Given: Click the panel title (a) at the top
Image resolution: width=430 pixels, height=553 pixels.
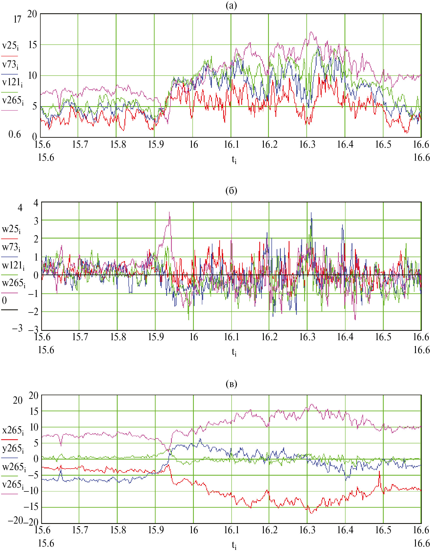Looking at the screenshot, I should coord(231,6).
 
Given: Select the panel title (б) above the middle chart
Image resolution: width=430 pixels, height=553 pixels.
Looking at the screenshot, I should coord(231,191).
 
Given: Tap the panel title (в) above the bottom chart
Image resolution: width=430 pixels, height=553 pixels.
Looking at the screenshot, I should coord(231,384).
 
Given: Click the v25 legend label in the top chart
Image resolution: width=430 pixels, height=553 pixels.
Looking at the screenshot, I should coord(10,46).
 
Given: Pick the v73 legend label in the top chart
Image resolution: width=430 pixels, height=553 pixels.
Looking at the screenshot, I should coord(10,65).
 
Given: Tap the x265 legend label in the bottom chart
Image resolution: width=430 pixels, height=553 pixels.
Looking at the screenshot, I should coord(13,430).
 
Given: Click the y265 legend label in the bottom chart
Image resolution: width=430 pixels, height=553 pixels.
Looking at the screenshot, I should coord(13,449).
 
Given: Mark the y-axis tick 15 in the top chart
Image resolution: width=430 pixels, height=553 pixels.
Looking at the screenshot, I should coord(33,45).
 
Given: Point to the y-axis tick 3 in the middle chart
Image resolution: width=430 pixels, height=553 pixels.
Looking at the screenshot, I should coord(36,221).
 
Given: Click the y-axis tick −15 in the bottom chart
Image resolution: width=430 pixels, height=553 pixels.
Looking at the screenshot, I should coord(31,507).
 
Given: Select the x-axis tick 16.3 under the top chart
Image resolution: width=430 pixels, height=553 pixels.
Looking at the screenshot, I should coord(307,145).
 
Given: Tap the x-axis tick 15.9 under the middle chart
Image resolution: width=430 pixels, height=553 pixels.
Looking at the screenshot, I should coord(156,337).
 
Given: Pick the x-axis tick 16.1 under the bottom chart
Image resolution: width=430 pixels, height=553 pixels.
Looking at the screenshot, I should coord(231,530).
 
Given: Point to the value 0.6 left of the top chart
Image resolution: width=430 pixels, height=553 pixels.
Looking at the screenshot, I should coord(15,134).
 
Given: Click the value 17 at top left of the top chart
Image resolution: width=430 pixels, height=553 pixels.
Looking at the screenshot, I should coord(17,19).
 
